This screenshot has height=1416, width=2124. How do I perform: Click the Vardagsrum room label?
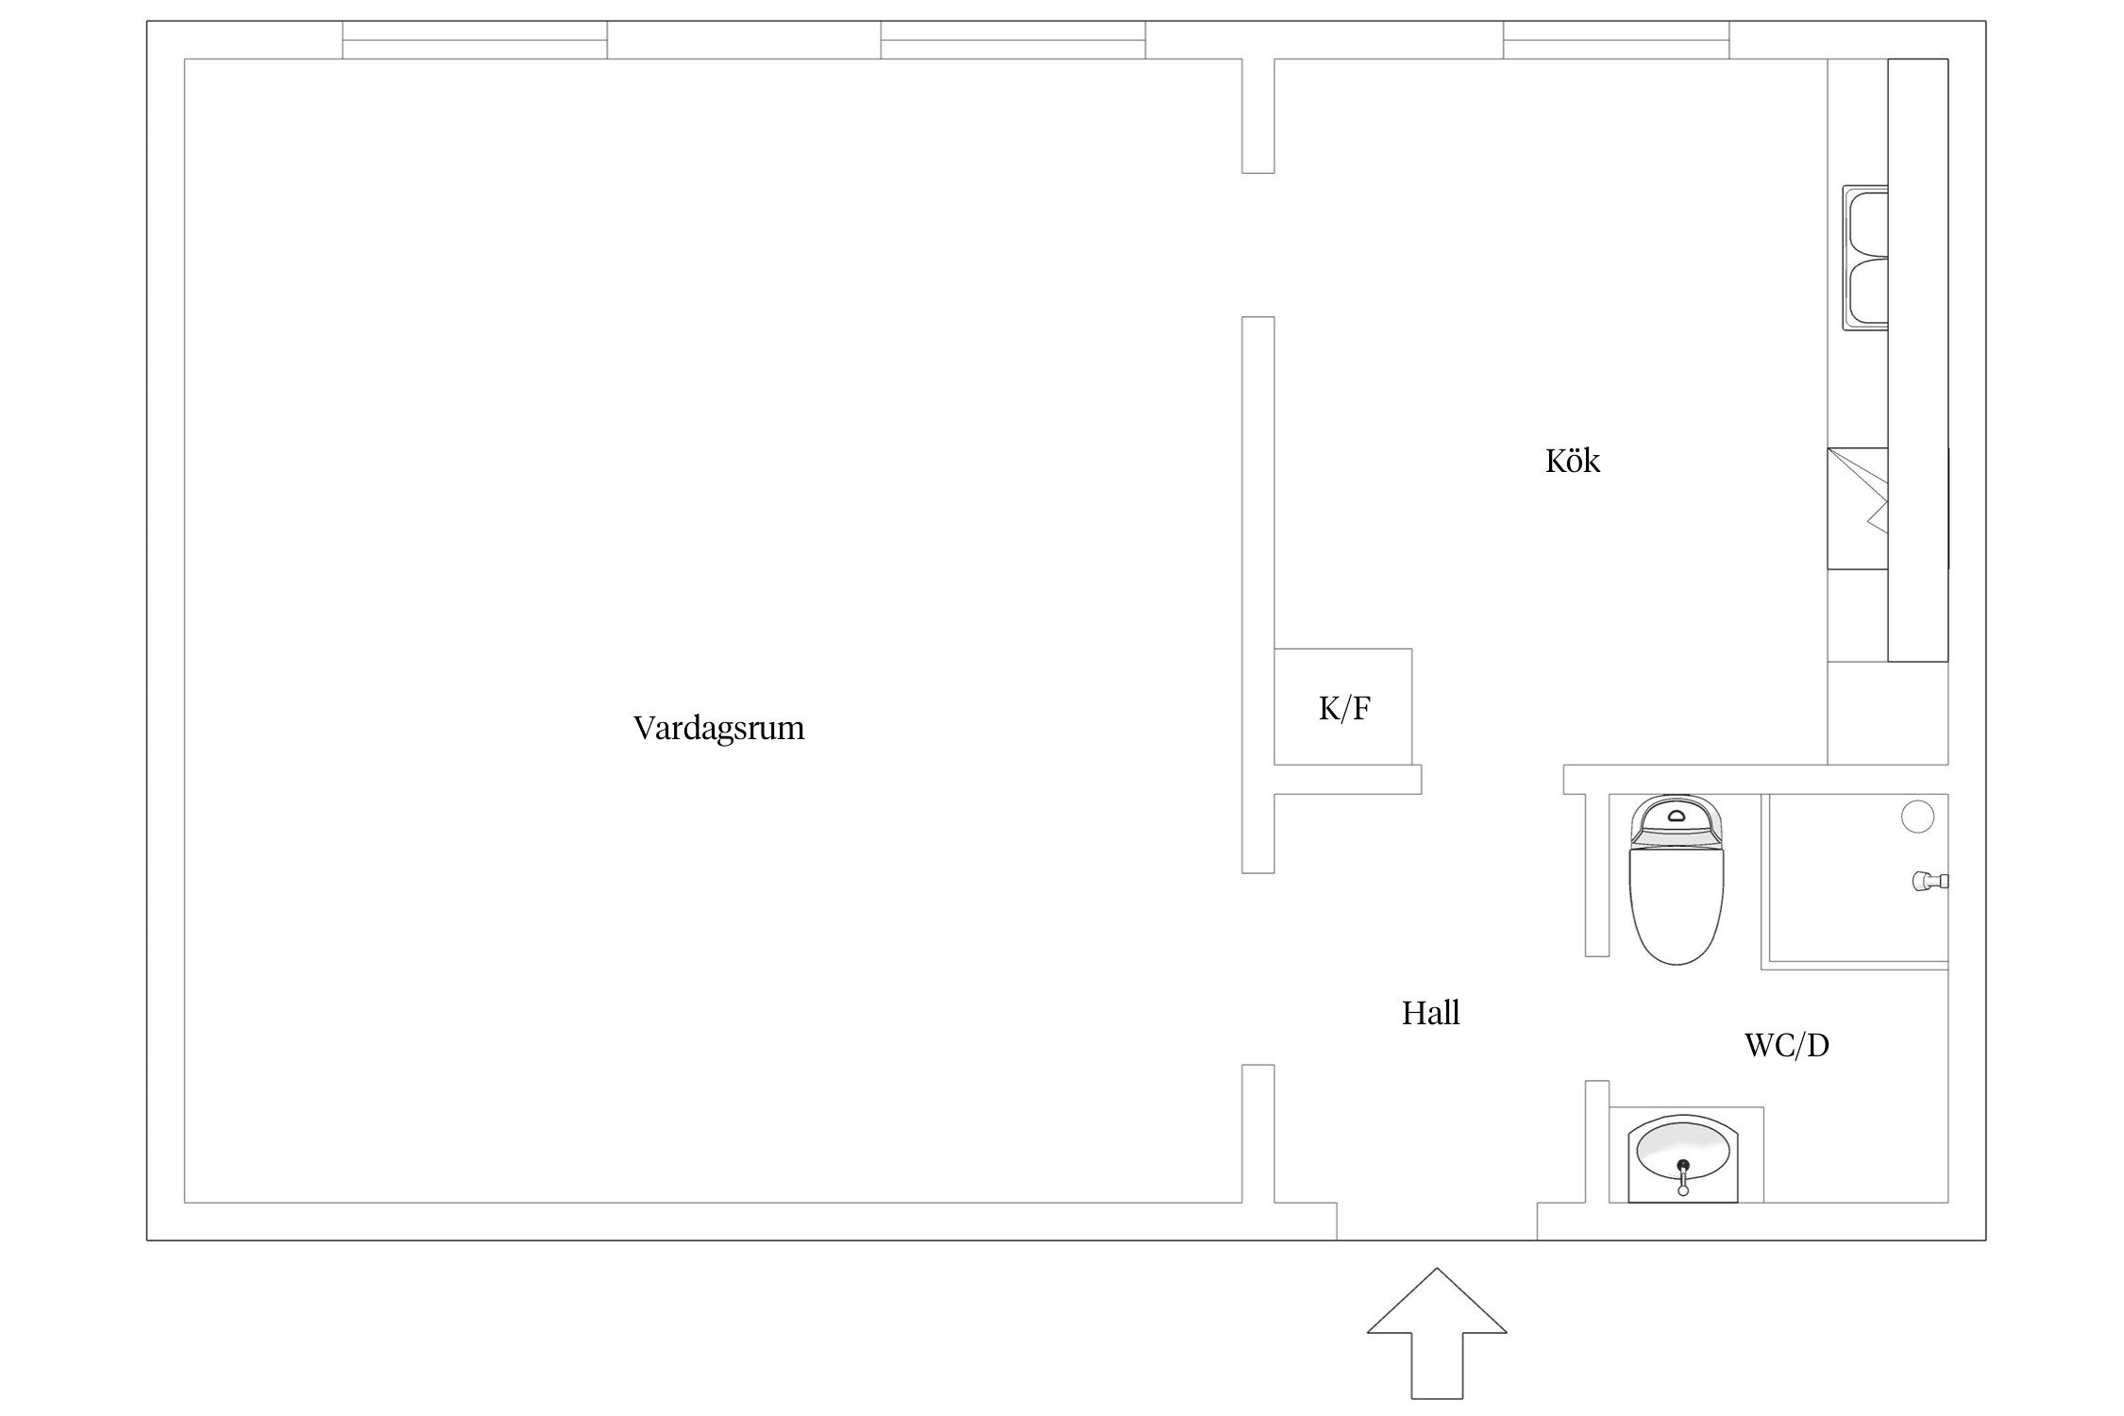[x=718, y=728]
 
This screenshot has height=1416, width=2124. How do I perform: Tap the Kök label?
[x=1572, y=461]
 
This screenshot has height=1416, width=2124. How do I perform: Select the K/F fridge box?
[x=1342, y=707]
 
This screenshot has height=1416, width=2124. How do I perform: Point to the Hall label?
[x=1430, y=1013]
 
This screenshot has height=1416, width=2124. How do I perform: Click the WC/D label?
[x=1786, y=1045]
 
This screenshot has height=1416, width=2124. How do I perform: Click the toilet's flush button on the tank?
[x=1677, y=814]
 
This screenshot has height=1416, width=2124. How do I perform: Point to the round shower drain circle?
[x=1917, y=817]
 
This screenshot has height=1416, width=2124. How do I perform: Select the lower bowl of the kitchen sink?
[x=1866, y=294]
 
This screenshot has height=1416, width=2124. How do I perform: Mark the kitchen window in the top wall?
[x=1616, y=41]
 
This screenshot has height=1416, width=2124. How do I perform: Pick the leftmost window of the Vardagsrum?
[x=474, y=41]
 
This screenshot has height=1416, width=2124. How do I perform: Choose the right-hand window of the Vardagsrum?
[x=1012, y=41]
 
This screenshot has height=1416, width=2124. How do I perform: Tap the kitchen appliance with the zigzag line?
[x=1857, y=508]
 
